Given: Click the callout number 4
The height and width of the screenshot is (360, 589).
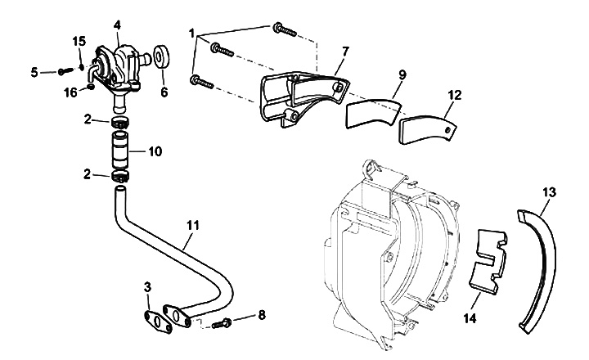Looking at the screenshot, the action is tap(117, 26).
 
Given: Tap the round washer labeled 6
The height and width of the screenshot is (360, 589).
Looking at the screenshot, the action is tap(162, 57).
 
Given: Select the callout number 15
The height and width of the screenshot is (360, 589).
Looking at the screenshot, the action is tap(79, 41).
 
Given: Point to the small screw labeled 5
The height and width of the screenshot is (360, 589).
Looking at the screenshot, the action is tap(65, 70).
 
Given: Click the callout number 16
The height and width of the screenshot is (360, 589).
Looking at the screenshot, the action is tap(70, 92).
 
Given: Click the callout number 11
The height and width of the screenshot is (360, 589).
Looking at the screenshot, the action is tap(193, 226).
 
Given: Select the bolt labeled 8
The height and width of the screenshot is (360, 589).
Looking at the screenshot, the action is tap(222, 323).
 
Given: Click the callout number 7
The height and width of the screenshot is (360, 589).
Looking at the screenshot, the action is tap(344, 51).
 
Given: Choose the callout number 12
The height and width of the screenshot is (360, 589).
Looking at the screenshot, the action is tap(455, 95).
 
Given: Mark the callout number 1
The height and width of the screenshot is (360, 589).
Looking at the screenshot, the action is tap(192, 34).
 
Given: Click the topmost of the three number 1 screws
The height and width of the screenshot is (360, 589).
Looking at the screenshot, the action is tap(286, 29).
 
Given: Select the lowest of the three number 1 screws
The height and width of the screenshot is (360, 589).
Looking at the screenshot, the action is tap(202, 82).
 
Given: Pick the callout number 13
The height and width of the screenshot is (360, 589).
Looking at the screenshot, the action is tap(549, 193).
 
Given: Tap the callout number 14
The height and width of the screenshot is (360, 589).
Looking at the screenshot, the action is tap(470, 318).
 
